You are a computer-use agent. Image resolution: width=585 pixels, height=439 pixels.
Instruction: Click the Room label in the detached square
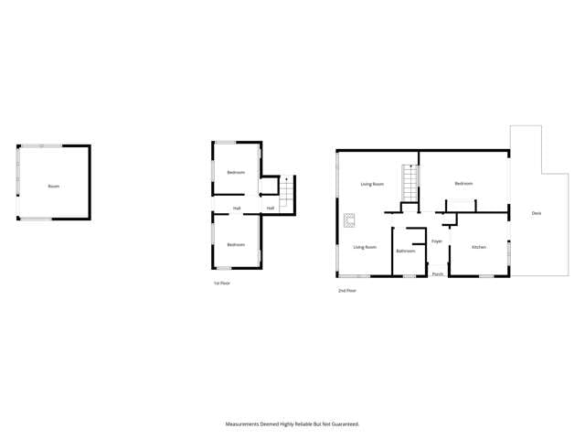(54, 187)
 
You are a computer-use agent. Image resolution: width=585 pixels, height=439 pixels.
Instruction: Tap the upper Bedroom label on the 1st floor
(236, 173)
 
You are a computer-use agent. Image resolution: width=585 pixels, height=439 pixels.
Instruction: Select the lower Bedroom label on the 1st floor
(236, 244)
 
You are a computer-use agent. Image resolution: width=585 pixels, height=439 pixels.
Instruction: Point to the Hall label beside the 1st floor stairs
(271, 209)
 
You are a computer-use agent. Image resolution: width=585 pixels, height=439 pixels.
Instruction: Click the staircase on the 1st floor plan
(287, 193)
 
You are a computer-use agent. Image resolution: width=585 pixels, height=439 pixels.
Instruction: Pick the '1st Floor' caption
(221, 284)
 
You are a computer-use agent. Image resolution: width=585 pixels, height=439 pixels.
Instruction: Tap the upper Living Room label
(371, 184)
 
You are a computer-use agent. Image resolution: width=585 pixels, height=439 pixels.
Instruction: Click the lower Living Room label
(366, 247)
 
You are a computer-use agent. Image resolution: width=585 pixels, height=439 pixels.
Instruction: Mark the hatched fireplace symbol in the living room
(349, 219)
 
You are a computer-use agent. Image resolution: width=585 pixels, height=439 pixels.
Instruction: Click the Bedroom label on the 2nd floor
(463, 184)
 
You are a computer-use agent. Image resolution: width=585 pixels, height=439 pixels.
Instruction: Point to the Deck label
(537, 213)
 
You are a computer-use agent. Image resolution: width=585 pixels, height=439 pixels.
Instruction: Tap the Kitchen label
(479, 247)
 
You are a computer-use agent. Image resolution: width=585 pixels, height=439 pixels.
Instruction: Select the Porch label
(438, 273)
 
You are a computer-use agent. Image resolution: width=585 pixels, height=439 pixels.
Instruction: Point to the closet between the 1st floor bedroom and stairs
(267, 187)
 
